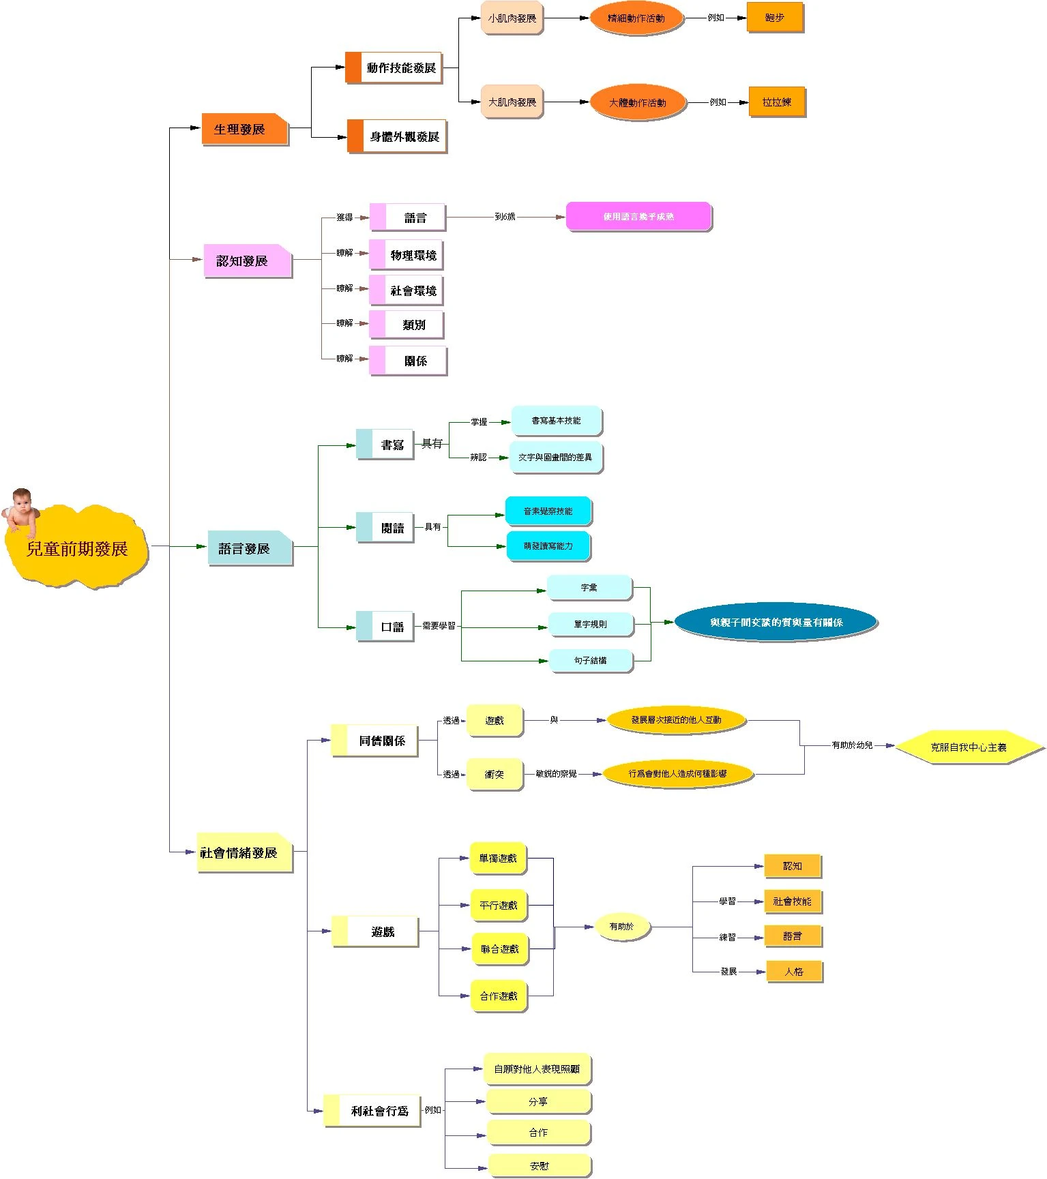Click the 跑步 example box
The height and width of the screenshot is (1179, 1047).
[775, 18]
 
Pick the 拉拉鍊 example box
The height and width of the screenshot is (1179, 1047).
[777, 102]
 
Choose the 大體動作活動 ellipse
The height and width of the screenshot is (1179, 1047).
[637, 102]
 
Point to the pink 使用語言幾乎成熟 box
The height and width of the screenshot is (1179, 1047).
[638, 217]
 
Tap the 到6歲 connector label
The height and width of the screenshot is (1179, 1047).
[505, 217]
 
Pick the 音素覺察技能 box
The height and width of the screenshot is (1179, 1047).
[548, 511]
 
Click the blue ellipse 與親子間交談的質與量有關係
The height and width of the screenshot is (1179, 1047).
[776, 622]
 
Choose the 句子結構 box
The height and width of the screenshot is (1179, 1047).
[590, 660]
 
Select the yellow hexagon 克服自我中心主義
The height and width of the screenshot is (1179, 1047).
[969, 747]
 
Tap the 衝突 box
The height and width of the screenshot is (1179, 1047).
[495, 774]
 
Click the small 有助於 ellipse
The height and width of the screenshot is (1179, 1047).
[621, 926]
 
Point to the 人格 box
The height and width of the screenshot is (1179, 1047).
[794, 971]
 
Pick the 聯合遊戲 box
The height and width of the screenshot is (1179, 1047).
[499, 949]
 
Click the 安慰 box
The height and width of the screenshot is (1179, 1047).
[539, 1165]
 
